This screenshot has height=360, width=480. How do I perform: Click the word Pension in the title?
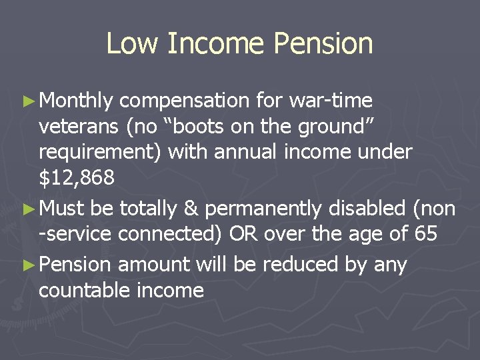click(323, 44)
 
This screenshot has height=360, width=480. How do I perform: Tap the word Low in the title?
click(132, 44)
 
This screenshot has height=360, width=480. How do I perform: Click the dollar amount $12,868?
click(76, 178)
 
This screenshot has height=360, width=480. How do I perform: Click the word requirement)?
click(101, 153)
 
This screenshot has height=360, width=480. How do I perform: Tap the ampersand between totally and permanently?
click(191, 209)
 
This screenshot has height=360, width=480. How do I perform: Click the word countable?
click(83, 290)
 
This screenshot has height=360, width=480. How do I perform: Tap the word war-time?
click(331, 101)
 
